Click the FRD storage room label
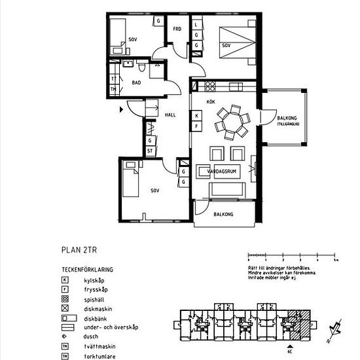177,29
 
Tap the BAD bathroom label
136,83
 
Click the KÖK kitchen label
211,102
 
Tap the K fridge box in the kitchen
196,116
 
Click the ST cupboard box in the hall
150,151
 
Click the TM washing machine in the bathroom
113,89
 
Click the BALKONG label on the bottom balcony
224,213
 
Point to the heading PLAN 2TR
81,249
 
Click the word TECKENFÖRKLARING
88,269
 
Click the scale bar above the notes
291,256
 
